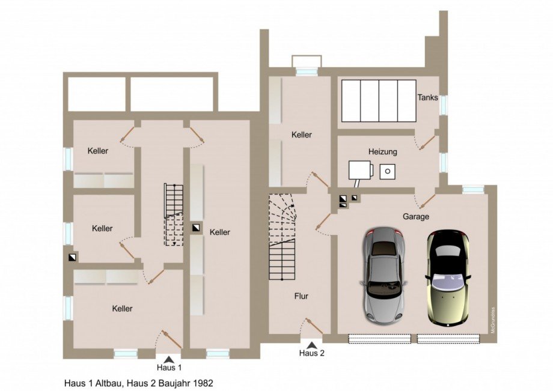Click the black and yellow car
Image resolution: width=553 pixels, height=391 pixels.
[x=447, y=277]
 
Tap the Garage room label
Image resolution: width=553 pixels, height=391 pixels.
[x=416, y=217]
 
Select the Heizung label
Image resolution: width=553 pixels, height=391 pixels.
[x=383, y=153]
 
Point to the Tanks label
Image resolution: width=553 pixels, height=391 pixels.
[x=427, y=97]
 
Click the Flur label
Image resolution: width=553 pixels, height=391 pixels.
[x=301, y=296]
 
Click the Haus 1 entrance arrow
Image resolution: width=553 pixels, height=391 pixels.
[x=170, y=359]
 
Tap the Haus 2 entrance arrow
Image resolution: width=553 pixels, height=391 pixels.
[x=312, y=345]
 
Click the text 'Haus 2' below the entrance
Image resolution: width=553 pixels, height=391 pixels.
[x=312, y=353]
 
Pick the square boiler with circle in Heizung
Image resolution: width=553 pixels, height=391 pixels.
[x=388, y=171]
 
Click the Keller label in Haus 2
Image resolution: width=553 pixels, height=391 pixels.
[x=301, y=135]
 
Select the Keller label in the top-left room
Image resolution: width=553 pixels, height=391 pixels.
[x=97, y=151]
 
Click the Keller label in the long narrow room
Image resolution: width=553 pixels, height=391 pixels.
[x=220, y=232]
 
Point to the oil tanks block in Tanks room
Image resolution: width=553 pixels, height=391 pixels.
[x=379, y=100]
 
